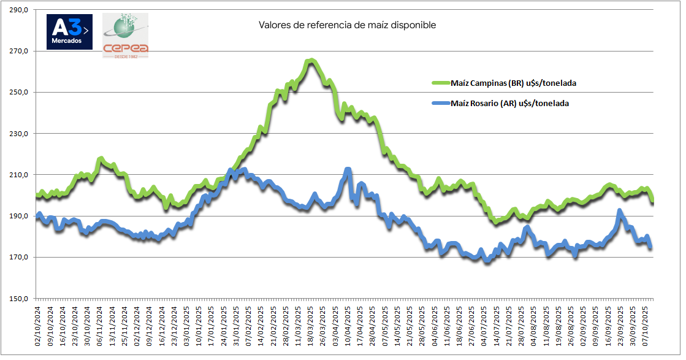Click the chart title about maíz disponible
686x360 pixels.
347,25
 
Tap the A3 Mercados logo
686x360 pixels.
69,32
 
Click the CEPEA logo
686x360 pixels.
125,36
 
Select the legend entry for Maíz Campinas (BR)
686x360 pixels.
513,83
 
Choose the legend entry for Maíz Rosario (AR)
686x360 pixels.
509,104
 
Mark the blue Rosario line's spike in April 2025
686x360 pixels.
348,169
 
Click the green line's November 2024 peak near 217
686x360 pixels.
101,159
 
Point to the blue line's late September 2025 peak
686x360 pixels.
620,211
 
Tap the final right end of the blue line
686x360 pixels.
650,247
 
